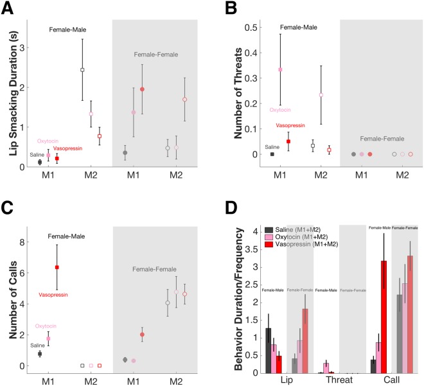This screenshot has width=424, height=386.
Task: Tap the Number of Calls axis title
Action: tap(9, 296)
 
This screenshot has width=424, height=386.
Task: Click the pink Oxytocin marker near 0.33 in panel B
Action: tap(280, 69)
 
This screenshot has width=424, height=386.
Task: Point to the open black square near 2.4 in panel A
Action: tap(82, 69)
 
